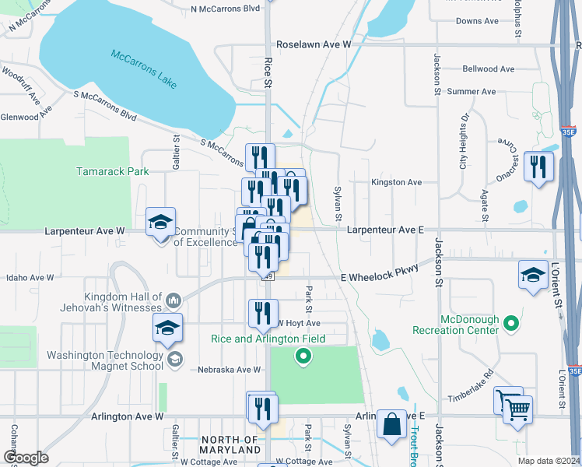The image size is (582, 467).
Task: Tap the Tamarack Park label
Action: click(x=112, y=170)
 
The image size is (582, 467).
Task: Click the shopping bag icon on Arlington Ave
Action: click(x=391, y=424)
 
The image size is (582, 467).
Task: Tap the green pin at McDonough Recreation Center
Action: click(x=510, y=322)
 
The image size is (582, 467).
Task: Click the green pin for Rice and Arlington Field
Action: click(x=303, y=356)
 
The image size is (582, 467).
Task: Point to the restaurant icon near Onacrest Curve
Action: click(x=538, y=167)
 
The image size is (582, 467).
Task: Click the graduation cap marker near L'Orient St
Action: click(x=534, y=276)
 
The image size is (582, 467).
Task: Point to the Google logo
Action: click(x=26, y=458)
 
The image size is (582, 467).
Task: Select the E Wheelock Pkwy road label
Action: click(x=380, y=272)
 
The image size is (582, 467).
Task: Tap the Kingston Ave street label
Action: click(x=397, y=182)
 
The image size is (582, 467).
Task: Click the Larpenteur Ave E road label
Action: click(x=385, y=230)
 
